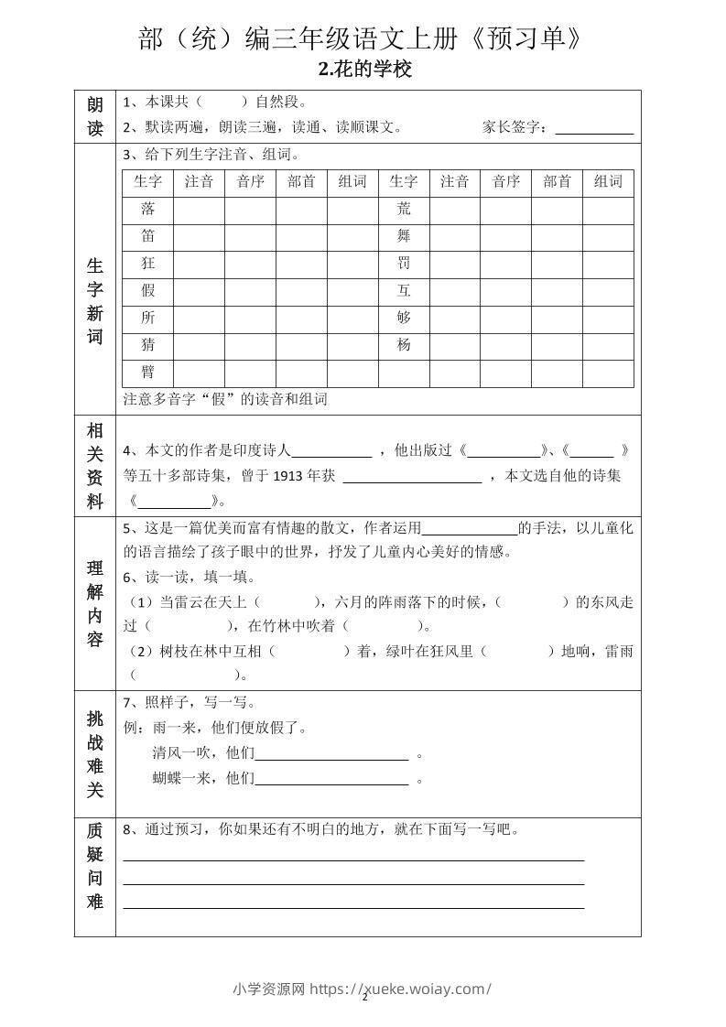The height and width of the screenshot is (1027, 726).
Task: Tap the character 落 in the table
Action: [x=147, y=210]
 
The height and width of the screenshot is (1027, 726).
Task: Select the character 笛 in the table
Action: [x=147, y=236]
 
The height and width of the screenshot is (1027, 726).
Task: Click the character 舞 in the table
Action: [x=404, y=236]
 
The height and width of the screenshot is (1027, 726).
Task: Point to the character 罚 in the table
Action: [x=404, y=264]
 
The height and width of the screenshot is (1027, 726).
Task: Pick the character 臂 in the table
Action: [x=147, y=373]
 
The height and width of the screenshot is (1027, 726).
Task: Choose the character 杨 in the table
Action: [x=404, y=345]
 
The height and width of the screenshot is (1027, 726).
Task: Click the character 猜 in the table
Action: [x=147, y=345]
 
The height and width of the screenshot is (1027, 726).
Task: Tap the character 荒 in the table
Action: [x=404, y=210]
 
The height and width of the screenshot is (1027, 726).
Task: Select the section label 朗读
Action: [x=95, y=116]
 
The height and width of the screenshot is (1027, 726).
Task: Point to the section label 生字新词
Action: [x=95, y=301]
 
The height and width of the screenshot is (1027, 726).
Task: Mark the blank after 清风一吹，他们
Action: [x=331, y=755]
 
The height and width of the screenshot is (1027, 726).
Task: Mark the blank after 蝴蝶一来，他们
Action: [x=331, y=780]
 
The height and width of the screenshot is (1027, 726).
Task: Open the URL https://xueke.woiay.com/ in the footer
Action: [x=401, y=989]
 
